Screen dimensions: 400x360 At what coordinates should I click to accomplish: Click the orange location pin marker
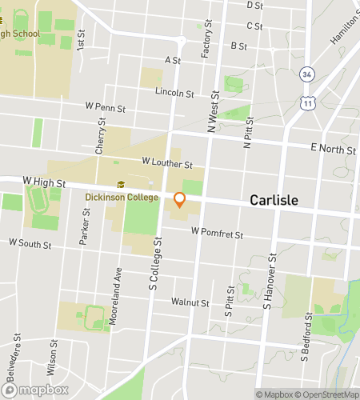click(180, 200)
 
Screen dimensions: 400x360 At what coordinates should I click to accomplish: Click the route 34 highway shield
click(307, 74)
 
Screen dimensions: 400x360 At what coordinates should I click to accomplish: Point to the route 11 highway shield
click(307, 104)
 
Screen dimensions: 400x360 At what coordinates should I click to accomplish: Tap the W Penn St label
click(106, 106)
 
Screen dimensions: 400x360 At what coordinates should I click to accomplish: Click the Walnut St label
click(190, 303)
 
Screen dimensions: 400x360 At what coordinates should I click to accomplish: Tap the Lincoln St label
click(174, 94)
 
